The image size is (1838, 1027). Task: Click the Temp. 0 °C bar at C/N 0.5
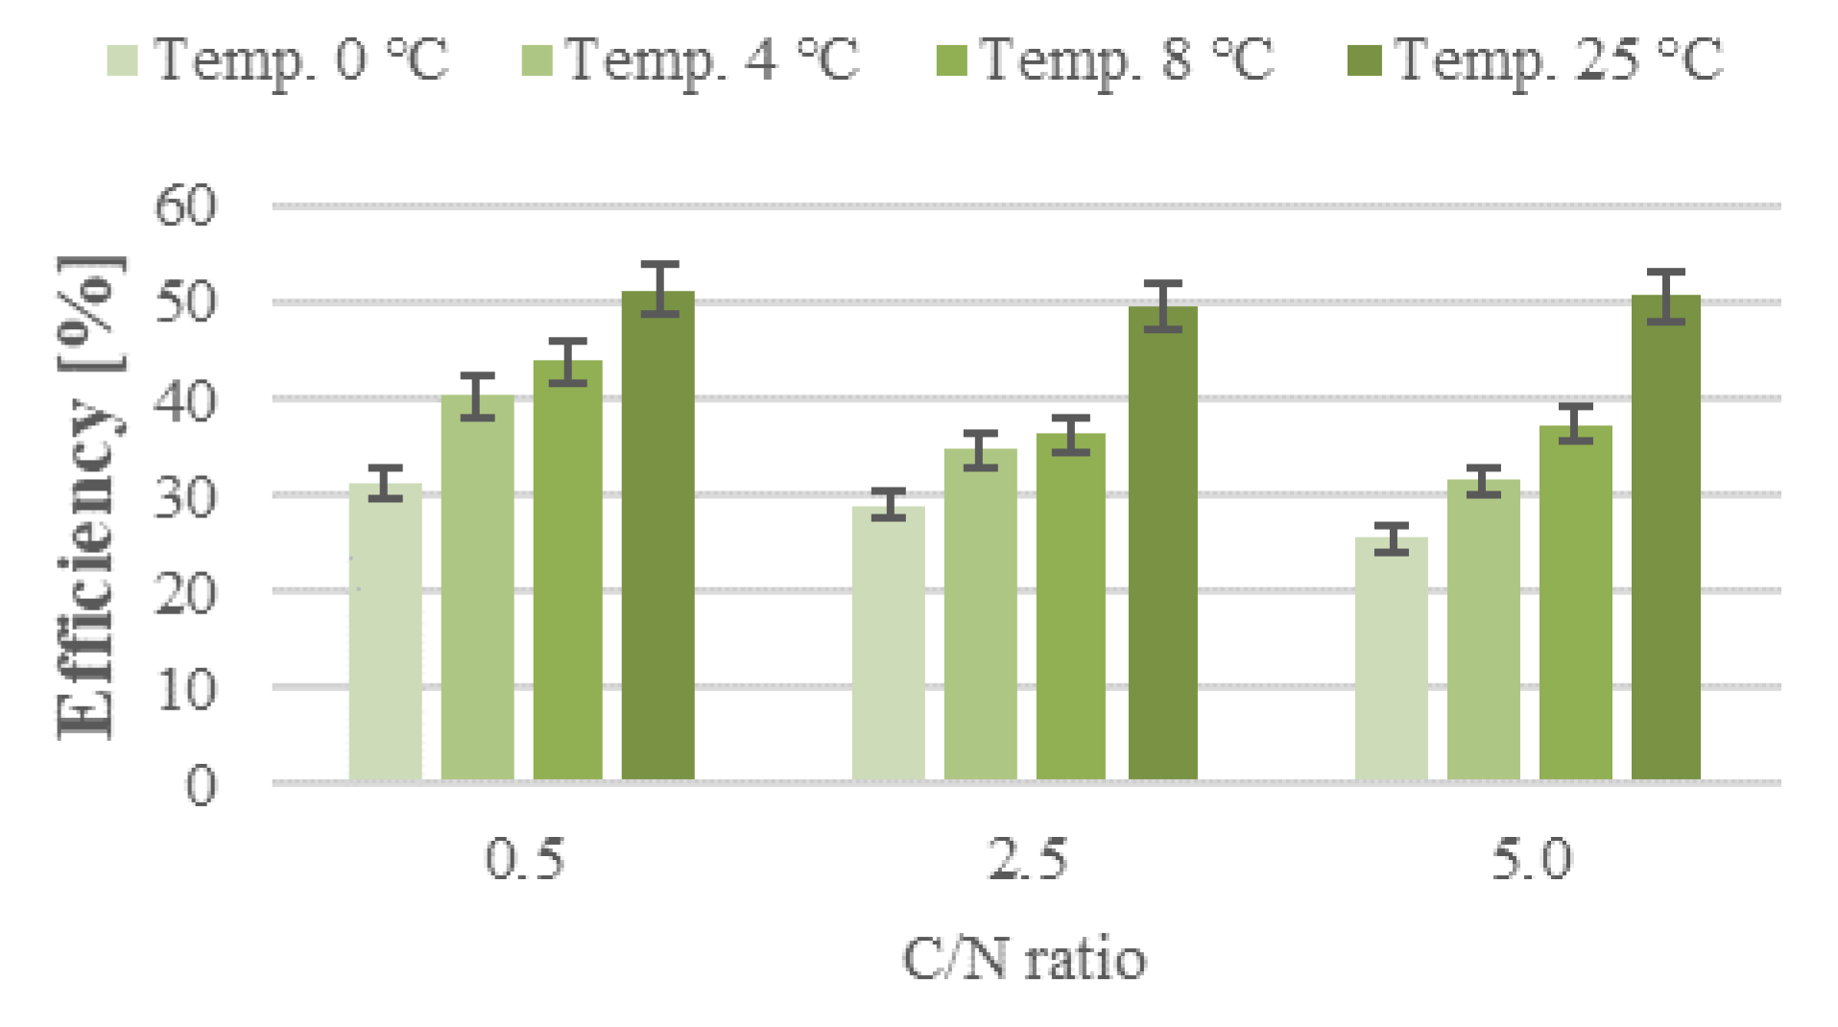coord(385,633)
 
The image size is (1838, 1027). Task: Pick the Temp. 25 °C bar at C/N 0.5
coord(658,537)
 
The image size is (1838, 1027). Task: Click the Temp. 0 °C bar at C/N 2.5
coord(888,644)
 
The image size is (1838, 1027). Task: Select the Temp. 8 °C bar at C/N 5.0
coord(1575,604)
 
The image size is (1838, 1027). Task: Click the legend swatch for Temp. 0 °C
coord(122,60)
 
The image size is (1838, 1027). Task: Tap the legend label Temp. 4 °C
coord(711,60)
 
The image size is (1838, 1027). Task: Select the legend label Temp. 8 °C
coord(1127,60)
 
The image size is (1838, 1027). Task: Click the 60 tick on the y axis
coord(186,205)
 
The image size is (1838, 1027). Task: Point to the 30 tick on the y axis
coord(186,495)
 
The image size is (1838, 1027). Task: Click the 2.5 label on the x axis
coord(1027,859)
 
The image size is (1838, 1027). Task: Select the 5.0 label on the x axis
coord(1531,859)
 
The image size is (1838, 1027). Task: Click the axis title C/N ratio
coord(1024,959)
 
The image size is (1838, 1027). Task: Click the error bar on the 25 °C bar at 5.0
coord(1665,297)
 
